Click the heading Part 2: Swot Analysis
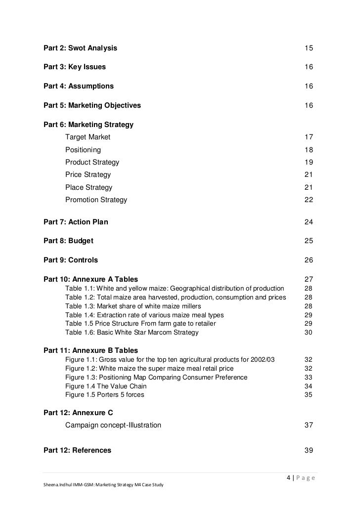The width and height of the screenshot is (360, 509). (x=81, y=48)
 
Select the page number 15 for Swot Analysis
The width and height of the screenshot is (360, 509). (x=309, y=48)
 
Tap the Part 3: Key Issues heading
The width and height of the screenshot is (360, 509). (x=75, y=67)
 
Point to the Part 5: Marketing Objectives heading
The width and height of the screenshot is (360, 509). (x=92, y=105)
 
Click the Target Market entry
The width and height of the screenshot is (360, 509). (x=88, y=137)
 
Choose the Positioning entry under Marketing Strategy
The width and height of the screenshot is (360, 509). (x=83, y=149)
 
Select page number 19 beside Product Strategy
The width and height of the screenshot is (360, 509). (x=309, y=162)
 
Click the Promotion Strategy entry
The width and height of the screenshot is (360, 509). (x=96, y=200)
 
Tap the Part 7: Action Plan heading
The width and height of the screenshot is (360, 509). (x=76, y=222)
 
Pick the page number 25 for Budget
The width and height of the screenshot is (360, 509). (x=309, y=241)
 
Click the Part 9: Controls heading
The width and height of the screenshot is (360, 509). (x=71, y=260)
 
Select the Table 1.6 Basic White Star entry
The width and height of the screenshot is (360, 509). (x=132, y=333)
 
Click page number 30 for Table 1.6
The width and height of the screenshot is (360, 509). (x=309, y=333)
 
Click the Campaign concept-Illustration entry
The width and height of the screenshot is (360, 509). (x=113, y=425)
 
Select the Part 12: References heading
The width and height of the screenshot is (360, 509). (x=77, y=450)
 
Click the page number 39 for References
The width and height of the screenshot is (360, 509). (x=309, y=450)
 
